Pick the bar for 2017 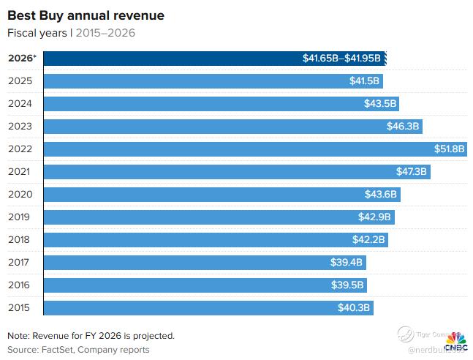tap(183, 263)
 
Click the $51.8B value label tap(449, 149)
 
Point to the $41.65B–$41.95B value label tap(342, 59)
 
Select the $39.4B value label tap(347, 263)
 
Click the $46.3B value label tap(403, 127)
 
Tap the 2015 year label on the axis tap(20, 307)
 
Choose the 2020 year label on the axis tap(20, 195)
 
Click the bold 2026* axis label tap(21, 59)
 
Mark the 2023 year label tap(20, 127)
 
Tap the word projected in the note tap(154, 336)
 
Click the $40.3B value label tap(355, 307)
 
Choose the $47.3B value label tap(411, 172)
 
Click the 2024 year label tap(20, 104)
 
